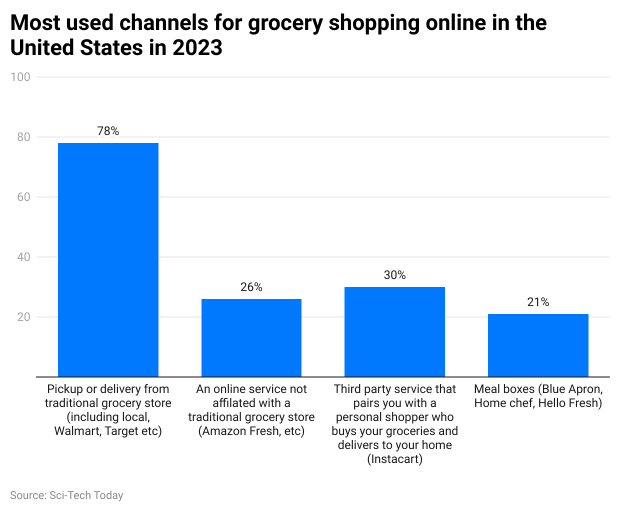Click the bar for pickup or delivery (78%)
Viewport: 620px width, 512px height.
pos(108,259)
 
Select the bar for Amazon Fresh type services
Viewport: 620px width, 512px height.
pos(251,337)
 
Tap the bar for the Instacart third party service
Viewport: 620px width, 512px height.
pos(394,331)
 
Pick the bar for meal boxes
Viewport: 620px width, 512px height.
pos(538,345)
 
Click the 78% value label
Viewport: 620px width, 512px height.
pos(108,131)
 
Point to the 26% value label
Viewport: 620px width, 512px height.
pos(251,287)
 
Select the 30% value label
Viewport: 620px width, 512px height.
pos(394,275)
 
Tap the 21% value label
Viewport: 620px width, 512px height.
pos(538,302)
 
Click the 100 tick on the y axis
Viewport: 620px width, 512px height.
pos(20,77)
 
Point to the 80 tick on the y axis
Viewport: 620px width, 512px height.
pos(23,137)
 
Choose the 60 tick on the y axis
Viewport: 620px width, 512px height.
pos(23,197)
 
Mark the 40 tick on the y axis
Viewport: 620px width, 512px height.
pos(23,257)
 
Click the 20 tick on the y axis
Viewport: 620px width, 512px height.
pos(23,317)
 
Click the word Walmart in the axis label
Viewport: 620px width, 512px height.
pos(76,431)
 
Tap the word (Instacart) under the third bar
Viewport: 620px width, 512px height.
pos(394,459)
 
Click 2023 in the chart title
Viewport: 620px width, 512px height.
pos(197,48)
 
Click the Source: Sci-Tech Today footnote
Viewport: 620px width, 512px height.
pos(66,495)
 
